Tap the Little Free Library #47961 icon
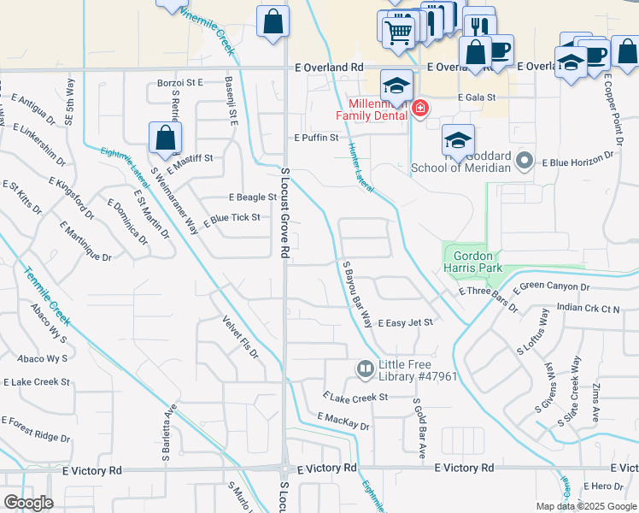tap(365, 369)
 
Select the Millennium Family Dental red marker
tap(419, 109)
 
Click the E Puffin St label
tap(316, 137)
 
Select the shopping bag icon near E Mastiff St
tap(165, 138)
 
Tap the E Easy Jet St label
tap(406, 322)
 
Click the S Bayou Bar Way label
tap(357, 295)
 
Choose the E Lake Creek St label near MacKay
tap(355, 398)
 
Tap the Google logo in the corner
tap(29, 503)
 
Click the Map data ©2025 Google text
tap(586, 506)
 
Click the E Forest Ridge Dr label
tap(36, 429)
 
